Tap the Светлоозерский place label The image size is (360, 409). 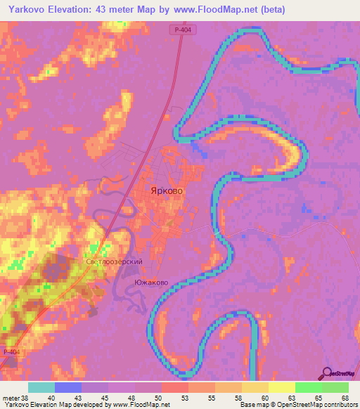tap(115, 261)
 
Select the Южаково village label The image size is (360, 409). tap(150, 282)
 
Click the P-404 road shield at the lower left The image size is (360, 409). tap(11, 351)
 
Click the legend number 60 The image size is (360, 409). tap(268, 397)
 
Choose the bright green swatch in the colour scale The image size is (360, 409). tap(308, 387)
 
